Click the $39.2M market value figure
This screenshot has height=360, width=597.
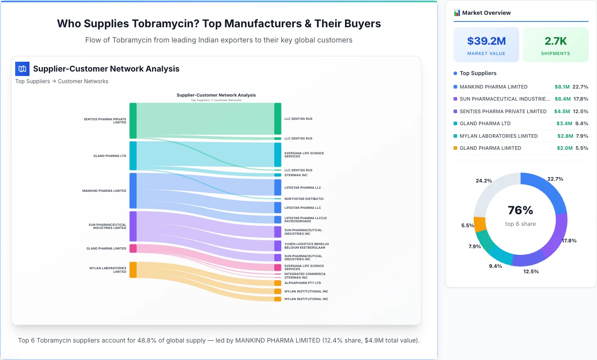pos(486,41)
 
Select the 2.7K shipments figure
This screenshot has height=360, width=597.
pos(555,41)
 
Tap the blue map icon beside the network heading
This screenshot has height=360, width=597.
pos(22,69)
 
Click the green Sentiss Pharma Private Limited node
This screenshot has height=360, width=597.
pos(133,121)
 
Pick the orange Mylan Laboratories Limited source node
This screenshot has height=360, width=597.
pos(133,270)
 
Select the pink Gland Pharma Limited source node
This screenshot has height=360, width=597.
pos(133,248)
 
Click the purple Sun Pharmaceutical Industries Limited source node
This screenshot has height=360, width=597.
pos(133,226)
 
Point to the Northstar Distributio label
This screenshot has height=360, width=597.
pos(304,199)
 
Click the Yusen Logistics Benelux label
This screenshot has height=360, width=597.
pos(307,244)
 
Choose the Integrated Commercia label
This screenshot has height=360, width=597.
pos(305,274)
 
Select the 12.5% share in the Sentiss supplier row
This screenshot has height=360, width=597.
pos(581,111)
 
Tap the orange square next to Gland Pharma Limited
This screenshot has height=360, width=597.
pos(455,148)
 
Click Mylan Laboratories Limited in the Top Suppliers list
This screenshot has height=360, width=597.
pos(499,136)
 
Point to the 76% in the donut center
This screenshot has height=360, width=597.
pos(520,210)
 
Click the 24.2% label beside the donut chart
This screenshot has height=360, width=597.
pos(484,181)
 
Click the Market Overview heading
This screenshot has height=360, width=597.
pos(486,13)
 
